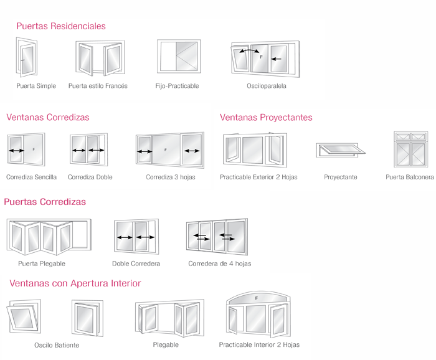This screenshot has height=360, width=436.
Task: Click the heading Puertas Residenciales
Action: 61,26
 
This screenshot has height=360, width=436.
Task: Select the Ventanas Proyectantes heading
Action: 266,117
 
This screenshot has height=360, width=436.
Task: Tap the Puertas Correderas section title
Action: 45,202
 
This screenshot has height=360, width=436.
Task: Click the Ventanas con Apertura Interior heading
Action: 75,283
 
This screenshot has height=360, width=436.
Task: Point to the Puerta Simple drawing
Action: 27,58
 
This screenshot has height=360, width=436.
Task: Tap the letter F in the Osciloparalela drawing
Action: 261,57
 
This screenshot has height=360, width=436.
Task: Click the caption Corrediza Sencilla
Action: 31,177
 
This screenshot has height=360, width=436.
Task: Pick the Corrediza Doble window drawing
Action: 88,151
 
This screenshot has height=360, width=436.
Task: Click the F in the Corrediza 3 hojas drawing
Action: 166,150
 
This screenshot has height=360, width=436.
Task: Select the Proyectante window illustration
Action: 340,149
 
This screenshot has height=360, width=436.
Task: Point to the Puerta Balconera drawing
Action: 410,149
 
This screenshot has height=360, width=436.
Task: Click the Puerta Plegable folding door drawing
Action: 48,237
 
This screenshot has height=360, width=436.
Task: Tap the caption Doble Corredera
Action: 136,263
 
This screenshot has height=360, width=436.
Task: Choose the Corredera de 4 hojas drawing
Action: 217,237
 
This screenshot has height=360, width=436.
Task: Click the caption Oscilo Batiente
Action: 57,345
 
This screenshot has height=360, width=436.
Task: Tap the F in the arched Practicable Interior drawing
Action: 256,299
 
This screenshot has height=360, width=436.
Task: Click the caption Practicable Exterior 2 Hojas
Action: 258,177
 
